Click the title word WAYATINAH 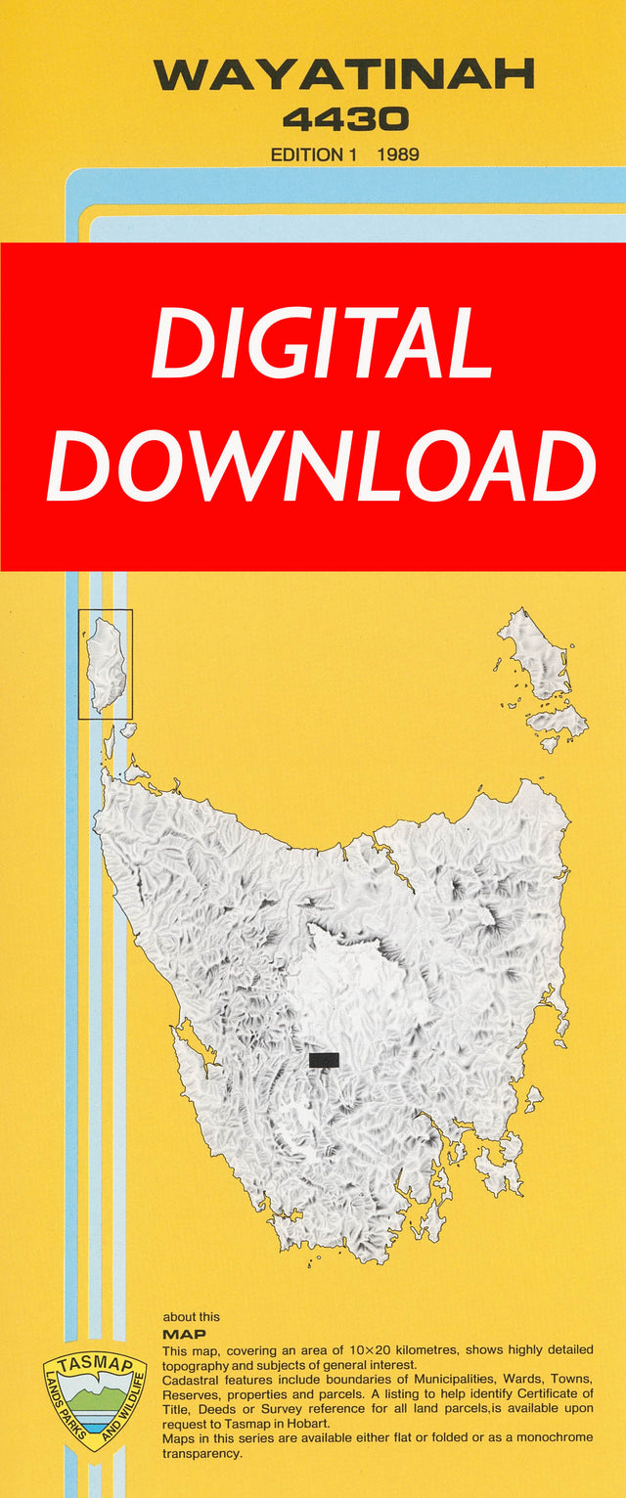[343, 76]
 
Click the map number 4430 [344, 120]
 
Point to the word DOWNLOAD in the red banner [321, 467]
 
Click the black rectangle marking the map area [324, 1060]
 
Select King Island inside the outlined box [106, 664]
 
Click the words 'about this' [192, 1317]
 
